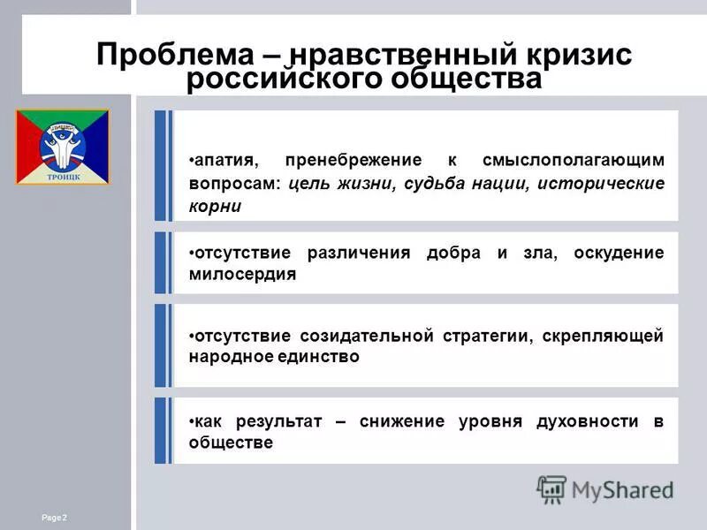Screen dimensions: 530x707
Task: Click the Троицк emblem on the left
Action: tap(62, 146)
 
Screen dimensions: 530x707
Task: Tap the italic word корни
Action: tap(214, 207)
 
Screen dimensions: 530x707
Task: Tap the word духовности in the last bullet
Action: tap(584, 421)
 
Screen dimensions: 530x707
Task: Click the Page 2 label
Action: tap(54, 516)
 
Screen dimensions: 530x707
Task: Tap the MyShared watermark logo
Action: tap(605, 488)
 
